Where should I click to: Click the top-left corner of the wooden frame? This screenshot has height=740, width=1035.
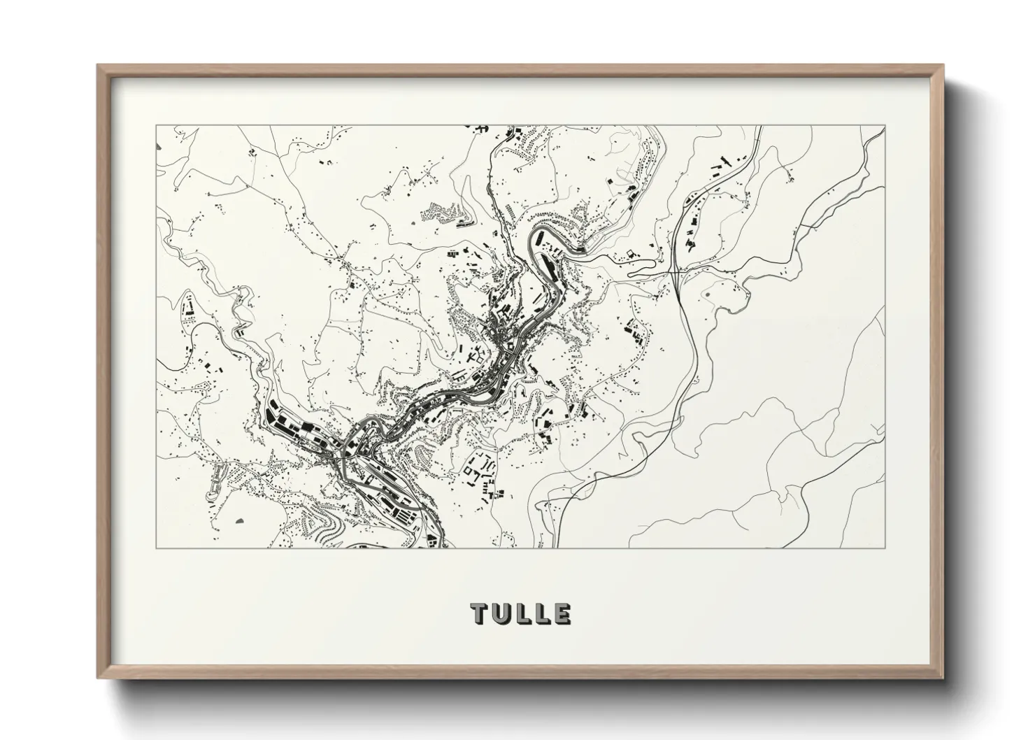point(98,65)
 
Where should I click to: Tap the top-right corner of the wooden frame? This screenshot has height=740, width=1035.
point(943,65)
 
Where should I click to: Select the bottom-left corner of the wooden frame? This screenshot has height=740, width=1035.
point(98,678)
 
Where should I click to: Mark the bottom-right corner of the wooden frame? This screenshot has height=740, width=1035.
point(943,678)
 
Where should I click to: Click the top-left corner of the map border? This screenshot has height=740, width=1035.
point(156,126)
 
